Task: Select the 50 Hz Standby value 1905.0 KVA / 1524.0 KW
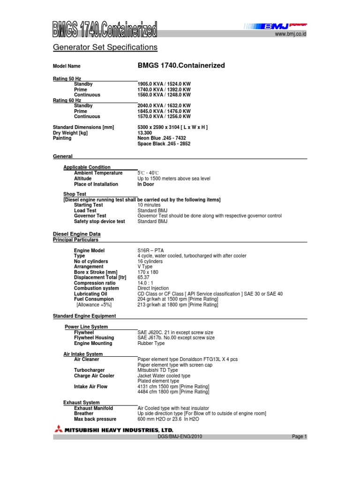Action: (x=164, y=84)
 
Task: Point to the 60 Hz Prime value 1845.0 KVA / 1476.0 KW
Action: (x=164, y=111)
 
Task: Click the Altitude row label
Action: (x=83, y=179)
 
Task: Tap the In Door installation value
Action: (x=146, y=184)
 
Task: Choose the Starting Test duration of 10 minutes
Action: (x=149, y=205)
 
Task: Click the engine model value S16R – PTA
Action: (x=151, y=251)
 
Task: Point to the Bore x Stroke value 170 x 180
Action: (x=148, y=272)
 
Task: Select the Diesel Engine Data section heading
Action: (x=77, y=234)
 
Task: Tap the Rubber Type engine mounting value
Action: (x=151, y=343)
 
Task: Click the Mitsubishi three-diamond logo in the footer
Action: (x=60, y=429)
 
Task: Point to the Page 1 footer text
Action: (x=299, y=437)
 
